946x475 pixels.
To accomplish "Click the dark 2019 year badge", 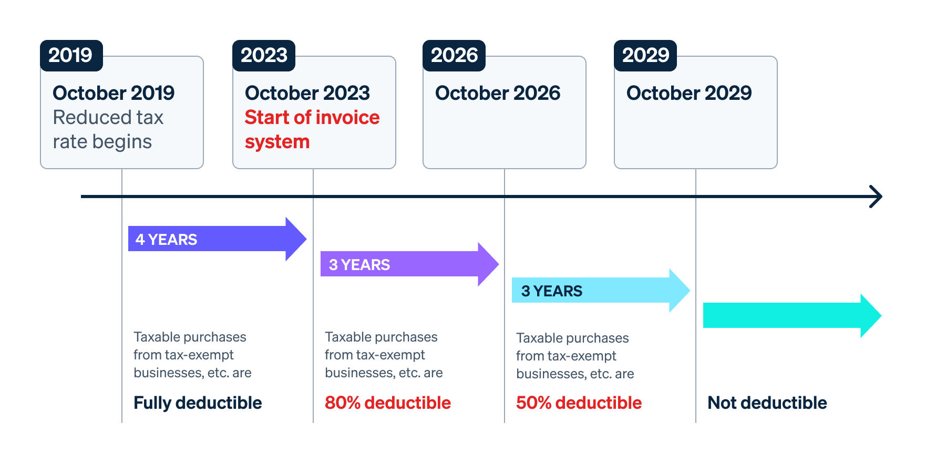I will (x=71, y=56).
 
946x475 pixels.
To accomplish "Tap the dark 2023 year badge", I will (x=264, y=56).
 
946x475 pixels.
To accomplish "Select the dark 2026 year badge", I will (x=454, y=56).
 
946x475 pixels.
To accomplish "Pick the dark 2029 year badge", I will (x=645, y=56).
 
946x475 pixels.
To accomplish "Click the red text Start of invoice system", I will (x=312, y=129).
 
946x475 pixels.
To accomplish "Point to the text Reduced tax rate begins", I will (x=108, y=129).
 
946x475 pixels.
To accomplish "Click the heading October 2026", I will (x=497, y=93).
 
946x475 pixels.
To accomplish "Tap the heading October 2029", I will (x=688, y=93).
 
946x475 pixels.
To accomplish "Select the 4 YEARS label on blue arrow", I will (x=166, y=240).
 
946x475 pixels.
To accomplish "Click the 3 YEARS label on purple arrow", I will (x=359, y=265).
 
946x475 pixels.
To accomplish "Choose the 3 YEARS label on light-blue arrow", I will (x=551, y=291).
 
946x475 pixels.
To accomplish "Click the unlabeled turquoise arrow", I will (x=788, y=315).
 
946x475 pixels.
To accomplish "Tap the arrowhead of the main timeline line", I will (x=877, y=197).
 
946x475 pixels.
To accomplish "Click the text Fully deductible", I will (x=198, y=403).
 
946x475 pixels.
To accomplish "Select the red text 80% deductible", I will (x=388, y=403).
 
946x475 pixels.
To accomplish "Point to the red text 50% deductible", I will (x=579, y=403).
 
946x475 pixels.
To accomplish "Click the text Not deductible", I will (x=767, y=403).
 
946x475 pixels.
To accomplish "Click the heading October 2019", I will (x=114, y=93).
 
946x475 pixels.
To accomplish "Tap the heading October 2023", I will (x=307, y=93).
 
